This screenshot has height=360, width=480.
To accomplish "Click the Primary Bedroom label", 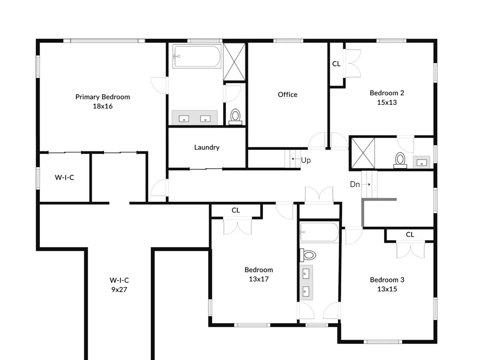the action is click(102, 97).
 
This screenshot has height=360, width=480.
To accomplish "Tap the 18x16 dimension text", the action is click(102, 106).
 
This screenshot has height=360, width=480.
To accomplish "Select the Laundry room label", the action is click(207, 147).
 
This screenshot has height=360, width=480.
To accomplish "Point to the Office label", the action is click(287, 94).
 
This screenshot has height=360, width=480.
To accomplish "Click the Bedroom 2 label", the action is click(387, 93).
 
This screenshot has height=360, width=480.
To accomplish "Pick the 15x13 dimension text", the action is click(387, 102).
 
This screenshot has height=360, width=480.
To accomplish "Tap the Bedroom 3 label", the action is click(387, 280).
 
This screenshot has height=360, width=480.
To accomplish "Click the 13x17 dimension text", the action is click(258, 279).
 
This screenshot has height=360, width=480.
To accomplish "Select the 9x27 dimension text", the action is click(119, 289).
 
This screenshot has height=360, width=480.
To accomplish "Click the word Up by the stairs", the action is click(306, 160).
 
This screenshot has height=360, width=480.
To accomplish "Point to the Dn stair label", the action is click(355, 184).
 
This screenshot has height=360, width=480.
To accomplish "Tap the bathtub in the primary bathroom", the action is click(196, 56).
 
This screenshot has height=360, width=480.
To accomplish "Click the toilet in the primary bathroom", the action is click(235, 117).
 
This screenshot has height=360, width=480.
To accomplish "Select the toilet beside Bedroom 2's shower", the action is click(400, 160).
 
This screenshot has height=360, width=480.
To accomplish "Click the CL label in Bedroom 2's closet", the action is click(336, 64).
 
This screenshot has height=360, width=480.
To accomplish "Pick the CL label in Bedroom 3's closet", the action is click(410, 234).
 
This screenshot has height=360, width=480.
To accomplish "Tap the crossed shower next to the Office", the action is click(234, 62).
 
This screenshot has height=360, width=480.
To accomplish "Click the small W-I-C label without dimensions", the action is click(64, 177).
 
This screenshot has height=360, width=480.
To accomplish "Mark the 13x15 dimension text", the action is click(387, 289).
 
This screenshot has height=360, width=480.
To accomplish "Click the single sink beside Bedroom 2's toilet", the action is click(421, 162).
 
